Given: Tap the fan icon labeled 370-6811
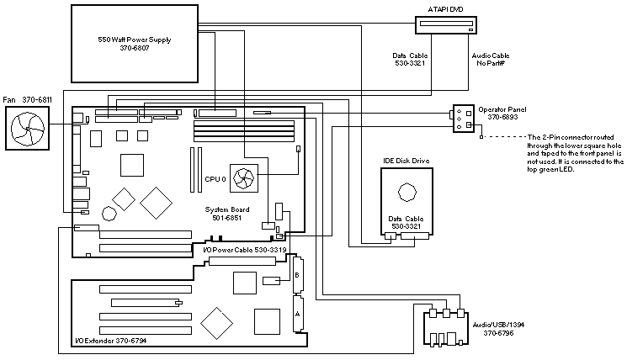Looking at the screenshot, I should (x=27, y=127).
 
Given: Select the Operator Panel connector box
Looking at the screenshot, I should (x=460, y=118).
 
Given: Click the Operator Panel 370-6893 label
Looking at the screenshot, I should (x=501, y=114).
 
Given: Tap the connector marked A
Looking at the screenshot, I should (x=295, y=311).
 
